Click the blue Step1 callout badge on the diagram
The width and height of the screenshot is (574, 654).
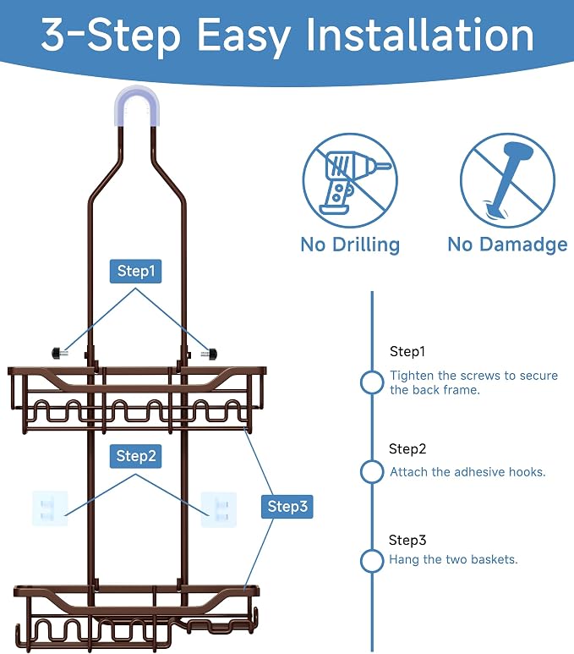click(x=135, y=271)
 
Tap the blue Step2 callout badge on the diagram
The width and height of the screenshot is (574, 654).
click(x=135, y=456)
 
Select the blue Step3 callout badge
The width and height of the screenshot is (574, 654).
click(x=287, y=506)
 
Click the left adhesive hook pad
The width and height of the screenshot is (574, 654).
click(x=50, y=508)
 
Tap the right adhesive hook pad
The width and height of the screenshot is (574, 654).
click(x=219, y=509)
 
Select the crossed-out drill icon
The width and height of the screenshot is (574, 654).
click(x=350, y=180)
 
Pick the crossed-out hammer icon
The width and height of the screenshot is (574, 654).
click(x=507, y=180)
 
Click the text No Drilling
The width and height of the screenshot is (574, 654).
click(x=350, y=245)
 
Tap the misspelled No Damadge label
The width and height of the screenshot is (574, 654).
click(x=507, y=245)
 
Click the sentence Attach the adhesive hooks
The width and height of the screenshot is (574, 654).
click(x=467, y=472)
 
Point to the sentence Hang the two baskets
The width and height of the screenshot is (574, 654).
click(x=453, y=559)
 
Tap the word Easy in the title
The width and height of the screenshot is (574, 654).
click(x=243, y=37)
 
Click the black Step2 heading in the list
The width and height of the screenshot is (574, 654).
click(x=407, y=448)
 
